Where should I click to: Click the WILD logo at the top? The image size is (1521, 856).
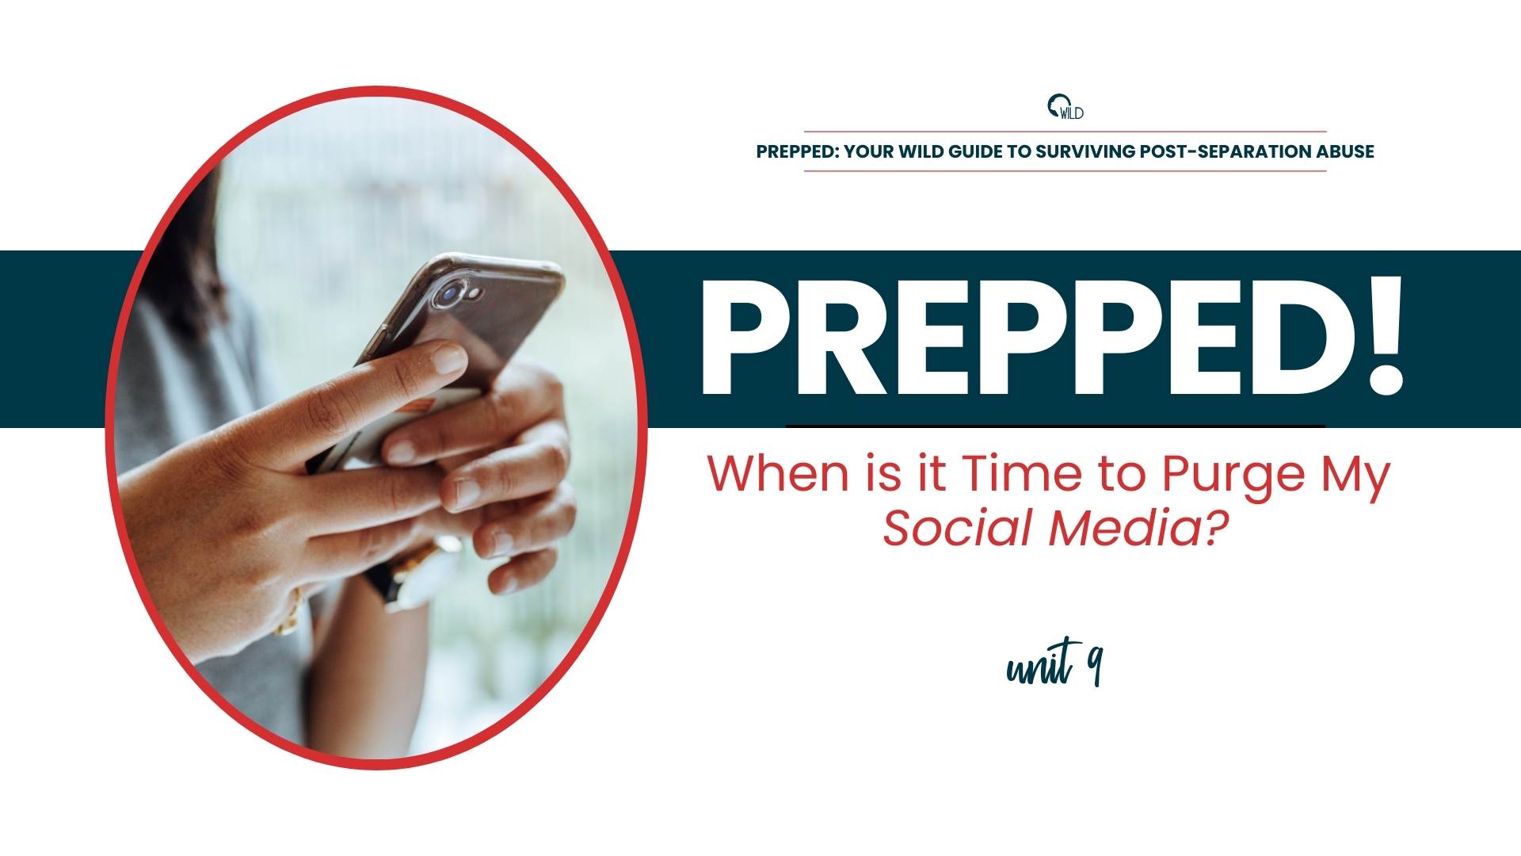[x=1065, y=107]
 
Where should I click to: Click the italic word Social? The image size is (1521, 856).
[x=960, y=529]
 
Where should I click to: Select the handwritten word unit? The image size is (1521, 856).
[x=1039, y=664]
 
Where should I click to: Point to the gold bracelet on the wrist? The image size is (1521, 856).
[x=290, y=610]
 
